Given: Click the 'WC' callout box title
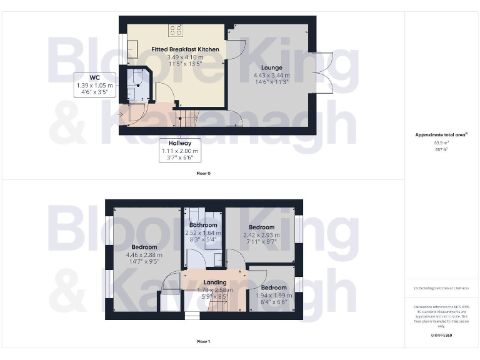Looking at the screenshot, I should pyautogui.click(x=94, y=77).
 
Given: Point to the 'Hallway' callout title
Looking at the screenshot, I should pyautogui.click(x=179, y=143).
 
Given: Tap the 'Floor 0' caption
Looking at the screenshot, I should pyautogui.click(x=203, y=172).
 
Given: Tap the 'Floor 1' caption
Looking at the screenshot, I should pyautogui.click(x=203, y=341).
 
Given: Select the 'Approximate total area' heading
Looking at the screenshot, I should pyautogui.click(x=441, y=134).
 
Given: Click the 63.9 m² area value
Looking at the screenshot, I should pyautogui.click(x=441, y=142).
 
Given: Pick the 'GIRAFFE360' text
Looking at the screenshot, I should pyautogui.click(x=441, y=336).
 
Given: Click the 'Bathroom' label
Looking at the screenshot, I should pyautogui.click(x=203, y=225).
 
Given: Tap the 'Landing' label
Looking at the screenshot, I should pyautogui.click(x=216, y=282).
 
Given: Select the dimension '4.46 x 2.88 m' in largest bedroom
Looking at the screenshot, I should pyautogui.click(x=144, y=255).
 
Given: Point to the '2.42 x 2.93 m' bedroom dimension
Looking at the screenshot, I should pyautogui.click(x=261, y=235).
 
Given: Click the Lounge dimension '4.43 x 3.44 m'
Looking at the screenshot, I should pyautogui.click(x=271, y=76).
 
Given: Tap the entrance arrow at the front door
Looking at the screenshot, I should pyautogui.click(x=121, y=114).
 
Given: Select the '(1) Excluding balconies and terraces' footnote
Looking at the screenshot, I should pyautogui.click(x=441, y=288).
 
